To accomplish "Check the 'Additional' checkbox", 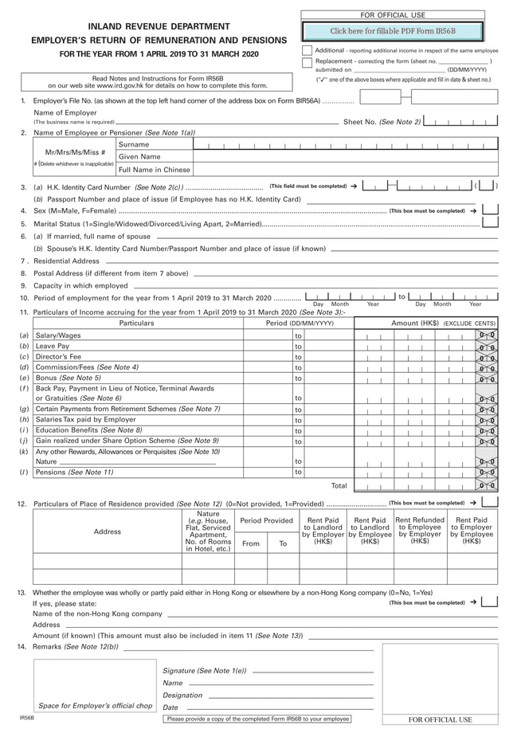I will pyautogui.click(x=308, y=50).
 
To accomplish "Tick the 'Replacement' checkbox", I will pyautogui.click(x=308, y=61).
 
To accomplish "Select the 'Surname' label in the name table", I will pyautogui.click(x=134, y=144).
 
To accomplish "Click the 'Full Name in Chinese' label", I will pyautogui.click(x=154, y=170).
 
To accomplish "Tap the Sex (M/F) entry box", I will pyautogui.click(x=491, y=210).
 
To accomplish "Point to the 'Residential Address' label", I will pyautogui.click(x=66, y=261).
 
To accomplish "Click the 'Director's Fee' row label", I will pyautogui.click(x=58, y=357).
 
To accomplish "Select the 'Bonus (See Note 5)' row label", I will pyautogui.click(x=68, y=378).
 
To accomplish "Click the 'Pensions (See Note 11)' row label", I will pyautogui.click(x=74, y=472).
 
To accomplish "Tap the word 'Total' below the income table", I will pyautogui.click(x=339, y=485).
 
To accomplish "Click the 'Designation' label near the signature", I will pyautogui.click(x=182, y=695).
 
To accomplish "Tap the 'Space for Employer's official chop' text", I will pyautogui.click(x=95, y=706).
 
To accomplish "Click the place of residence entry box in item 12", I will pyautogui.click(x=491, y=502).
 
